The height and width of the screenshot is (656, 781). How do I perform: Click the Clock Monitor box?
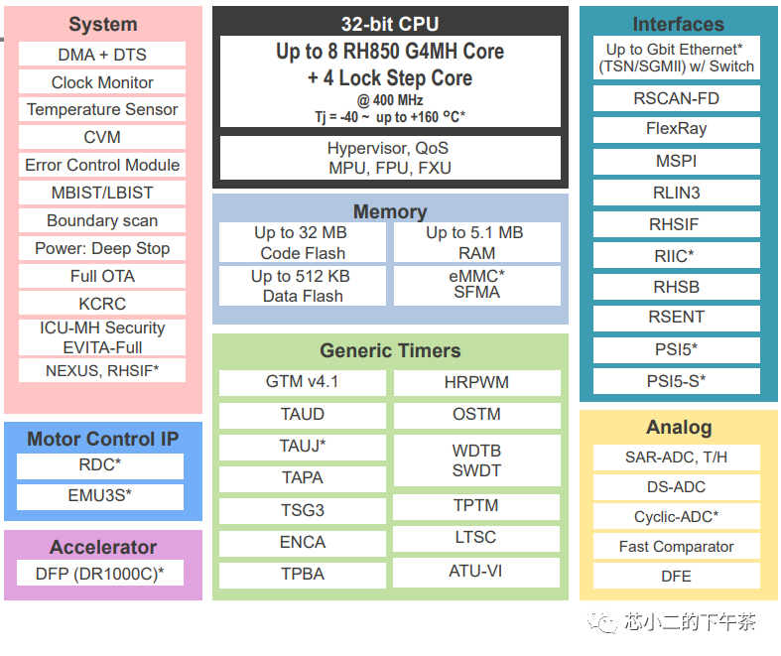tap(102, 82)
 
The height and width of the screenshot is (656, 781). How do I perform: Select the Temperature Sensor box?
tap(102, 109)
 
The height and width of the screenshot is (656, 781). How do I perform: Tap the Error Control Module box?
tap(102, 165)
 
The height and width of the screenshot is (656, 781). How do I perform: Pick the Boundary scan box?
tap(102, 220)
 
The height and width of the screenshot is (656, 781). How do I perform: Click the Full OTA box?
tap(102, 276)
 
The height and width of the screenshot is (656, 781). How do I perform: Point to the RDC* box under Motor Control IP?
tap(100, 464)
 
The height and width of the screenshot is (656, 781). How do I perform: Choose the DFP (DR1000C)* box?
tap(100, 573)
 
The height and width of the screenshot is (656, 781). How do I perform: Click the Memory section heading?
tap(390, 211)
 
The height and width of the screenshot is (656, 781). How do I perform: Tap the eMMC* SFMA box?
tap(476, 284)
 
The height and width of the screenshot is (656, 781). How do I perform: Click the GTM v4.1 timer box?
tap(303, 382)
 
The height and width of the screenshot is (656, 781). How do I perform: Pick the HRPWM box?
tap(476, 382)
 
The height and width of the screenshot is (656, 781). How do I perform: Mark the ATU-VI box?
tap(476, 571)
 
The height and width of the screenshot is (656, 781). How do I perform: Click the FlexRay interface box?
tap(677, 129)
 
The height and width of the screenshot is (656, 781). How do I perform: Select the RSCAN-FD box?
tap(677, 98)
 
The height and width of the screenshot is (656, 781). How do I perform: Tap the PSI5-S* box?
tap(677, 380)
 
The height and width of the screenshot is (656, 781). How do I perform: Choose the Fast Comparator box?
tap(677, 546)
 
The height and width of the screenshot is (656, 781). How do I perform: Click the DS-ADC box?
tap(677, 487)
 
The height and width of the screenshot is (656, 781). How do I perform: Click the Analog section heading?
tap(679, 428)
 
